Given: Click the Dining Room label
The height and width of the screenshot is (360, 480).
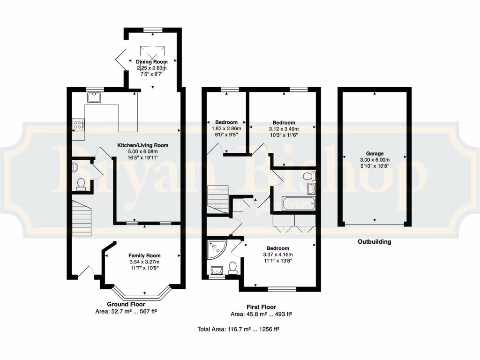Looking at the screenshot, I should point(151,62).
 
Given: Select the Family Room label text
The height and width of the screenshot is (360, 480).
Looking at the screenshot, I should point(144,255).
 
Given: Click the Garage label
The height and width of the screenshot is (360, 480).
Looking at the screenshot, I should point(375,153).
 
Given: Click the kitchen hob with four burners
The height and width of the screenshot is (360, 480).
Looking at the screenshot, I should point(78,125).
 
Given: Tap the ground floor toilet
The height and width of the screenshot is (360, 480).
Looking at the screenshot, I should point(81,183).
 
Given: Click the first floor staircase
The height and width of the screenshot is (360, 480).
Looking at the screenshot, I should point(217,199).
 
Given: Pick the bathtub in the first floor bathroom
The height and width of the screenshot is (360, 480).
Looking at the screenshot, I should point(298,203).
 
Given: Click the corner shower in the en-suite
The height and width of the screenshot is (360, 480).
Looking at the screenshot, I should point(215,248).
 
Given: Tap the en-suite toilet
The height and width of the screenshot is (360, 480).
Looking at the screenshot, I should point(232,268).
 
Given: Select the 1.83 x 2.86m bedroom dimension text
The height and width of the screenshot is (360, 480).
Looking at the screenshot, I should point(226,128).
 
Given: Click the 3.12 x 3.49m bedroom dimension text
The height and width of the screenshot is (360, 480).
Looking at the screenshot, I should point(284,129).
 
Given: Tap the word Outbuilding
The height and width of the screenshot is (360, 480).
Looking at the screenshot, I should point(374,242).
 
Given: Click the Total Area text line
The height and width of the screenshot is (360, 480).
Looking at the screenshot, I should point(239,330).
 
